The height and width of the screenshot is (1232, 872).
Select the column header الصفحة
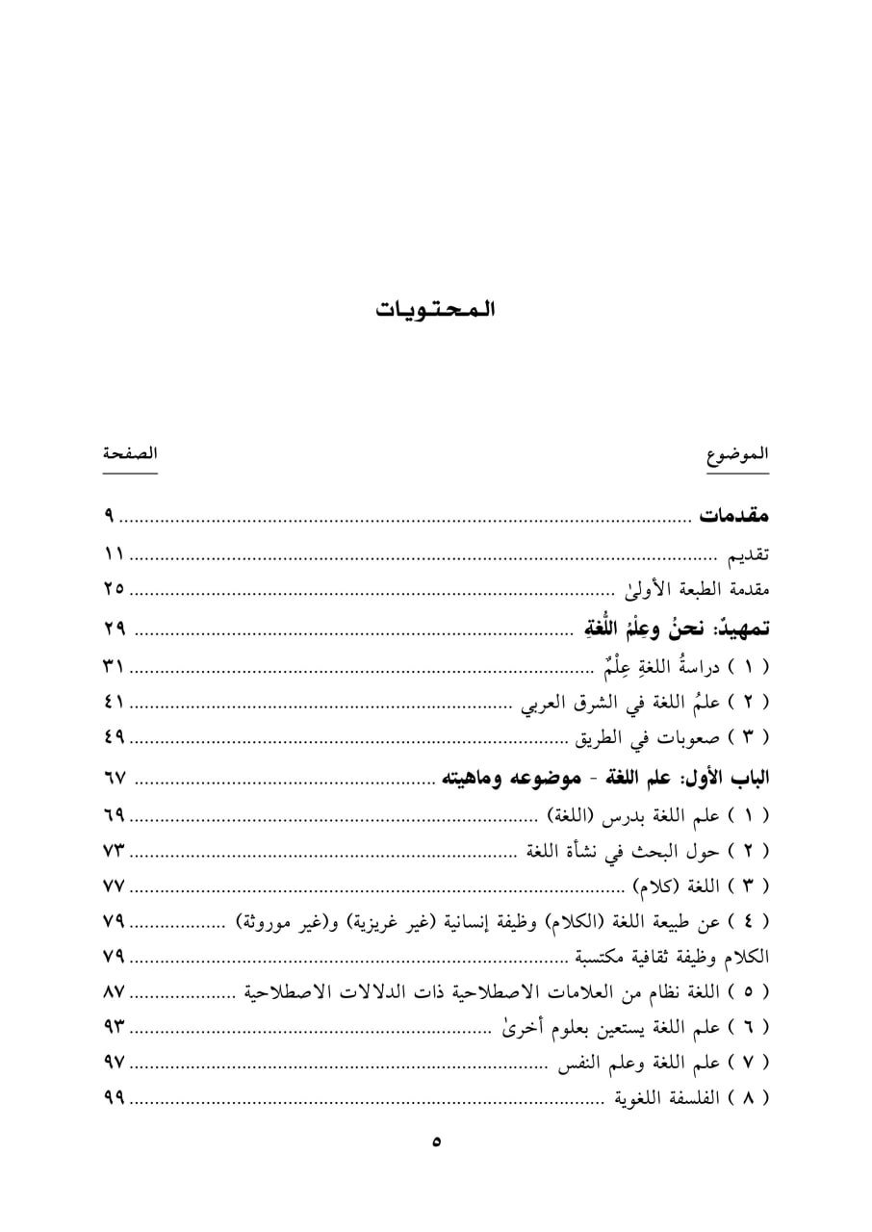tap(130, 453)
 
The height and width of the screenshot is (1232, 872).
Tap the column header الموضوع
tap(737, 455)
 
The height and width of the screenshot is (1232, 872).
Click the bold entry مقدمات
tap(733, 516)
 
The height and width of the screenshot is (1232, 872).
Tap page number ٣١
tap(115, 665)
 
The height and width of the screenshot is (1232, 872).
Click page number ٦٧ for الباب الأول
tap(115, 776)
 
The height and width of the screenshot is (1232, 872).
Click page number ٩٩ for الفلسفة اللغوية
tap(115, 1098)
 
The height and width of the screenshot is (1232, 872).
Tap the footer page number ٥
tap(436, 1143)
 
